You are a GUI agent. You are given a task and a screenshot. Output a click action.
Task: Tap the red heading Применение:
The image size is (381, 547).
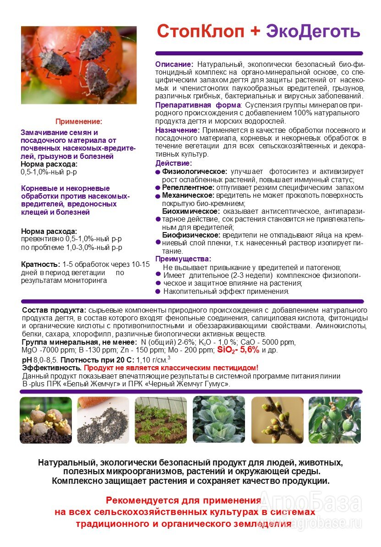point(79,121)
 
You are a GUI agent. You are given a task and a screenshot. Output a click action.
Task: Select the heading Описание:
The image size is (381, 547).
point(174,65)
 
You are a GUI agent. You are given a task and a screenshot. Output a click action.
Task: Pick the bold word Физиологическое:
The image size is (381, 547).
point(195,171)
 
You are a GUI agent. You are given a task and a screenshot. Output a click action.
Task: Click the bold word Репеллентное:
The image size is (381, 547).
point(188,187)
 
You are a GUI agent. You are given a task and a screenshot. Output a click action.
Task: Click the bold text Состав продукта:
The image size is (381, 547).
point(54,310)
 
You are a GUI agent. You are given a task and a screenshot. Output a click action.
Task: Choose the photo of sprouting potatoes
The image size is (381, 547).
point(46,420)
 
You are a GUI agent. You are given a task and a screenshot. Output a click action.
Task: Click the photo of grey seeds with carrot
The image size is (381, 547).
point(103,420)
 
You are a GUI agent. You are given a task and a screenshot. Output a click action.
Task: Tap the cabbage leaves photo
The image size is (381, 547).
point(218,420)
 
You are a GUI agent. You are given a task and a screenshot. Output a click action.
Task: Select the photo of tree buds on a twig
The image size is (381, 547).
point(277,420)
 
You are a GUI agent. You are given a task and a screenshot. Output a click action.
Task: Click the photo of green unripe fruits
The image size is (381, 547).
point(334,420)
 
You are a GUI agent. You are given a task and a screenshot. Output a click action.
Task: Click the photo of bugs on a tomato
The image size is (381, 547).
point(79,65)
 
